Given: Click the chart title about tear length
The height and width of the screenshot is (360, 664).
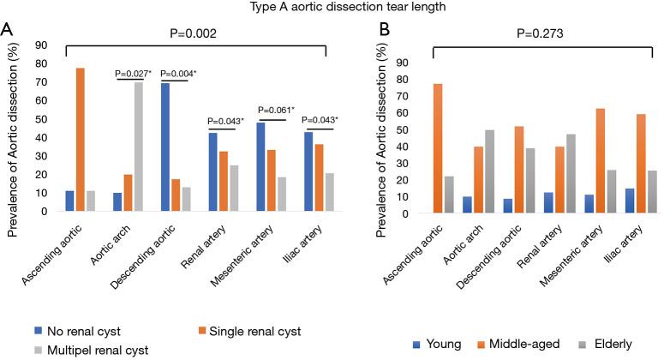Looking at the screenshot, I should [332, 8].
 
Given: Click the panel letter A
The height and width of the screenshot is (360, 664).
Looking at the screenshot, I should [8, 29].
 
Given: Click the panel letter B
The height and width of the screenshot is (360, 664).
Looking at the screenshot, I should [361, 29].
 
